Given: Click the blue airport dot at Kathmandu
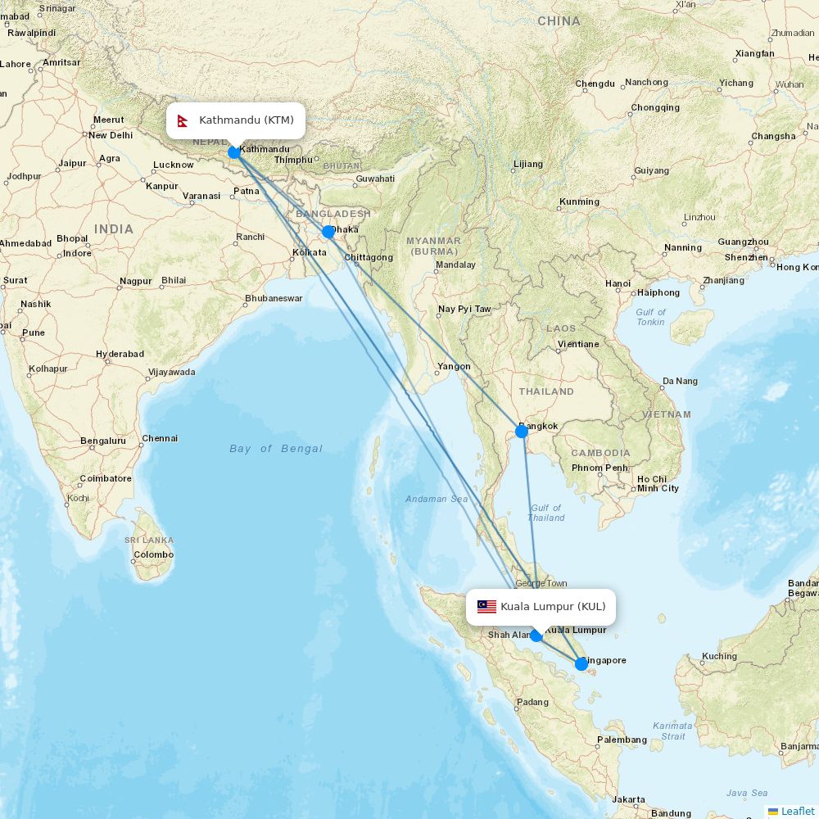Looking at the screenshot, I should (x=234, y=152).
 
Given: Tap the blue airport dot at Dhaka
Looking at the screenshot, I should (x=328, y=232).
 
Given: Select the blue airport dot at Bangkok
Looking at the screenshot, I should (x=521, y=431).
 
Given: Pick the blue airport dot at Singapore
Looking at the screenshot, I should (x=581, y=663).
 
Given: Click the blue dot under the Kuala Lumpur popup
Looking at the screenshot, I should (x=536, y=636).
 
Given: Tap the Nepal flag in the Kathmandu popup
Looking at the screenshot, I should (x=183, y=121).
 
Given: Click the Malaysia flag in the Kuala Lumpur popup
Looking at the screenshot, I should (x=486, y=607).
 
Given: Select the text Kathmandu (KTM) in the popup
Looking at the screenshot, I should (x=246, y=120).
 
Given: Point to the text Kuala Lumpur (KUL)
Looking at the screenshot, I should (x=553, y=607).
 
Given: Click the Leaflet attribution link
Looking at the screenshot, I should (x=797, y=811).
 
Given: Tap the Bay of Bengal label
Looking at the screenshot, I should (x=276, y=449).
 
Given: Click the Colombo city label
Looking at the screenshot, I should (x=154, y=554).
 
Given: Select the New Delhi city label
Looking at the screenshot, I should (x=110, y=135).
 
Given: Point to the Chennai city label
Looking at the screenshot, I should (x=160, y=438).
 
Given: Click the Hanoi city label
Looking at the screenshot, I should (x=618, y=283).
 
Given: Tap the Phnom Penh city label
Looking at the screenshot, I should (x=600, y=468).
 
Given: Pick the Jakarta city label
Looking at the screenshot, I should (x=628, y=799).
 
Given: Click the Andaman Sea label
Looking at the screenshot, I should (x=437, y=499).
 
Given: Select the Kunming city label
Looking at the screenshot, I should (x=579, y=201).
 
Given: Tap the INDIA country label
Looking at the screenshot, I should (x=113, y=229).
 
